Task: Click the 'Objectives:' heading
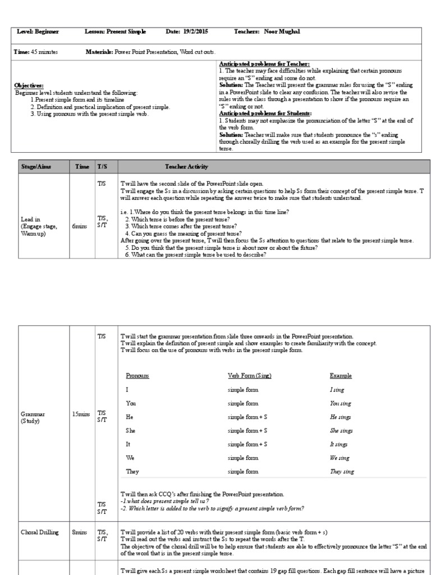coord(29,85)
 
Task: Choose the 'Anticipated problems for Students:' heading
coord(264,113)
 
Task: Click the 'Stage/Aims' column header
coord(36,167)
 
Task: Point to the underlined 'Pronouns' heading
coord(137,375)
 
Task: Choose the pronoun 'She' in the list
coord(131,431)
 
